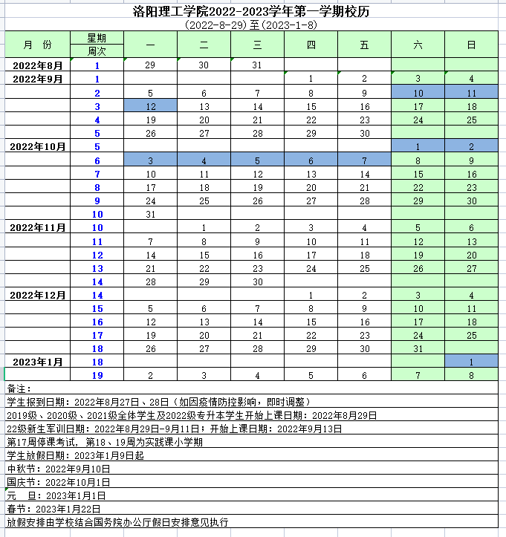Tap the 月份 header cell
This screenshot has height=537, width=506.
pyautogui.click(x=38, y=45)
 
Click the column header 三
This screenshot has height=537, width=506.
pyautogui.click(x=257, y=45)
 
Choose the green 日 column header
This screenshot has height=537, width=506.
pyautogui.click(x=471, y=45)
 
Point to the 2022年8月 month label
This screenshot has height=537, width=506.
pyautogui.click(x=38, y=65)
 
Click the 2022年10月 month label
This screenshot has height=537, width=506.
pyautogui.click(x=38, y=146)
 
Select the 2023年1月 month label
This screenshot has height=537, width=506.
pyautogui.click(x=38, y=362)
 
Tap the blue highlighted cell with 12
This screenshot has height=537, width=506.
pyautogui.click(x=150, y=106)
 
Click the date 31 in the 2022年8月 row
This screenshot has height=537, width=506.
pyautogui.click(x=257, y=65)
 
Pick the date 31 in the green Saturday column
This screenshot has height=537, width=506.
pyautogui.click(x=418, y=348)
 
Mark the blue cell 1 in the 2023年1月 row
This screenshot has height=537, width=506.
pyautogui.click(x=471, y=362)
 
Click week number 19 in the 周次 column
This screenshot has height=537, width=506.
pyautogui.click(x=97, y=375)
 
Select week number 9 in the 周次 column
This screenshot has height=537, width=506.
pyautogui.click(x=97, y=201)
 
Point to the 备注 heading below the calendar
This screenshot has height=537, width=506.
pyautogui.click(x=18, y=388)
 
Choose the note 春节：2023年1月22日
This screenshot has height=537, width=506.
pyautogui.click(x=56, y=509)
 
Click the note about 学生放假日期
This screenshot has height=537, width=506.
pyautogui.click(x=74, y=455)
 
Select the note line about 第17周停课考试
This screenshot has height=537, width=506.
pyautogui.click(x=104, y=442)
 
